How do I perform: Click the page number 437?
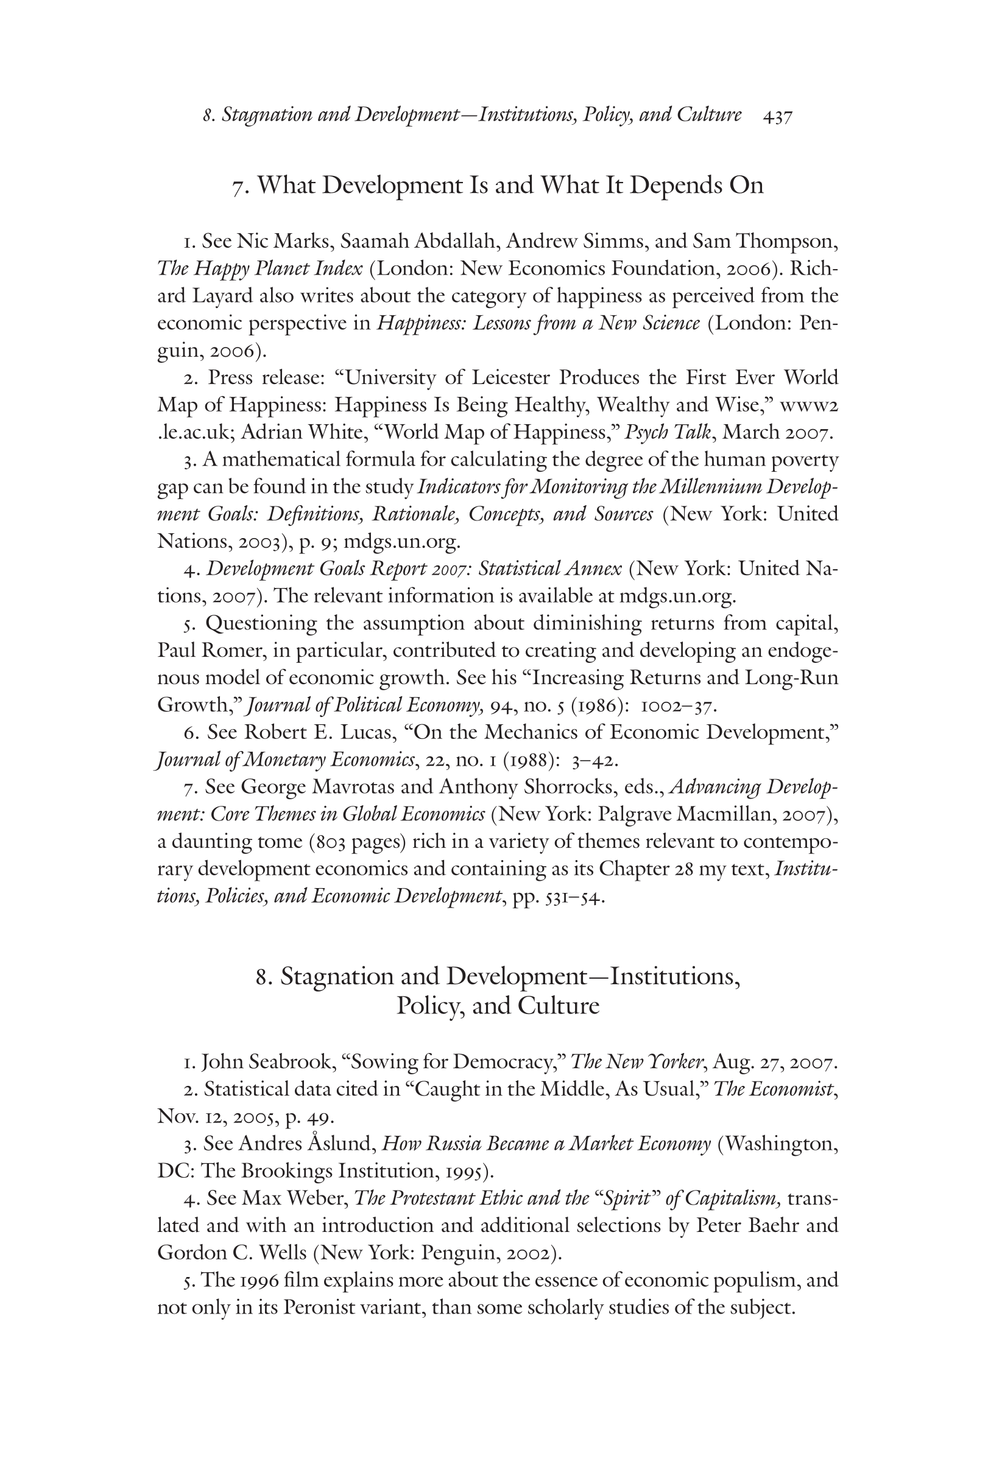coord(778,117)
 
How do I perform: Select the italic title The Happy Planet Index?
coord(259,269)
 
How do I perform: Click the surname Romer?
coord(233,651)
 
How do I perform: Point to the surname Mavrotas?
coord(337,787)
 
